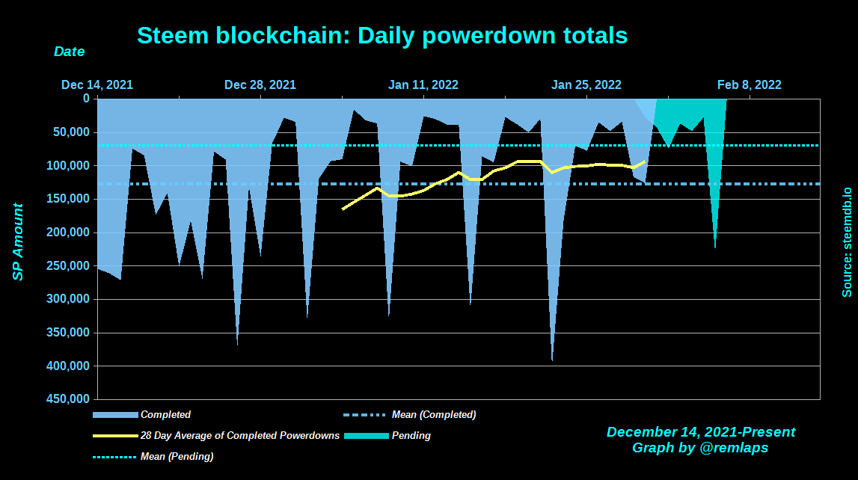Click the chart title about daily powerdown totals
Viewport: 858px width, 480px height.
(x=382, y=35)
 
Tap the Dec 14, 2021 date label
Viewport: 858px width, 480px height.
(x=97, y=84)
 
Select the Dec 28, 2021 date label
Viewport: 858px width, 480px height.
(x=260, y=84)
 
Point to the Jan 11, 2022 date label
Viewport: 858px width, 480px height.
(x=423, y=84)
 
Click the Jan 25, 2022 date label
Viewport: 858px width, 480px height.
(x=586, y=84)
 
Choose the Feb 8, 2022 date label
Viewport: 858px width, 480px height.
(x=749, y=84)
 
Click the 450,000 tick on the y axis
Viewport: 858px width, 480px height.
(x=71, y=399)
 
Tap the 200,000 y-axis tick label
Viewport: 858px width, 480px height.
(x=71, y=233)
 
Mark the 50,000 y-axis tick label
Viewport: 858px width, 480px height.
(x=74, y=132)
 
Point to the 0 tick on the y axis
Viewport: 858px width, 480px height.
(x=86, y=99)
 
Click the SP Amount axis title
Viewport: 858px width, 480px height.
(x=18, y=241)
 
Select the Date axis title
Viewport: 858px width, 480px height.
(x=69, y=52)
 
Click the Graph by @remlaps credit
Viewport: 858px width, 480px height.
(x=700, y=448)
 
